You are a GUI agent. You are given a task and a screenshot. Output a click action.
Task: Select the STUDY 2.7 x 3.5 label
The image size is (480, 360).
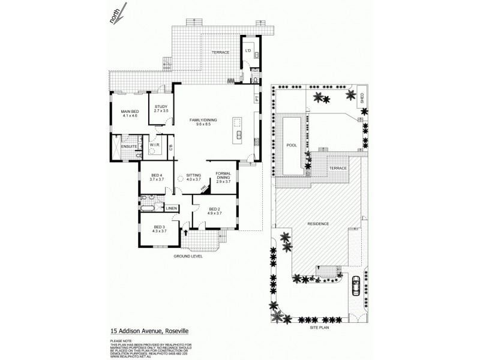160,109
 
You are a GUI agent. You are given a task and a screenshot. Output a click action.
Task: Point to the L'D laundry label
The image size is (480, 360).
247,50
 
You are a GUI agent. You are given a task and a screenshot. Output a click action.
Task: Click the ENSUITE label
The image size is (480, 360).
129,146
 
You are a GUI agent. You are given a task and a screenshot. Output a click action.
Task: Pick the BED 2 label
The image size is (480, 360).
214,211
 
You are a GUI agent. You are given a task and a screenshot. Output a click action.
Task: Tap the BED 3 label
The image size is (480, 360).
160,229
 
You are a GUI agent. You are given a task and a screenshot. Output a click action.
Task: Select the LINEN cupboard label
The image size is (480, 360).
172,208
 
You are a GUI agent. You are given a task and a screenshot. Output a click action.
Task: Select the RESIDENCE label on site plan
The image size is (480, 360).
318,224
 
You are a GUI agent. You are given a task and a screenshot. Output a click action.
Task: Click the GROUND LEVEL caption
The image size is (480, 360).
188,256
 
